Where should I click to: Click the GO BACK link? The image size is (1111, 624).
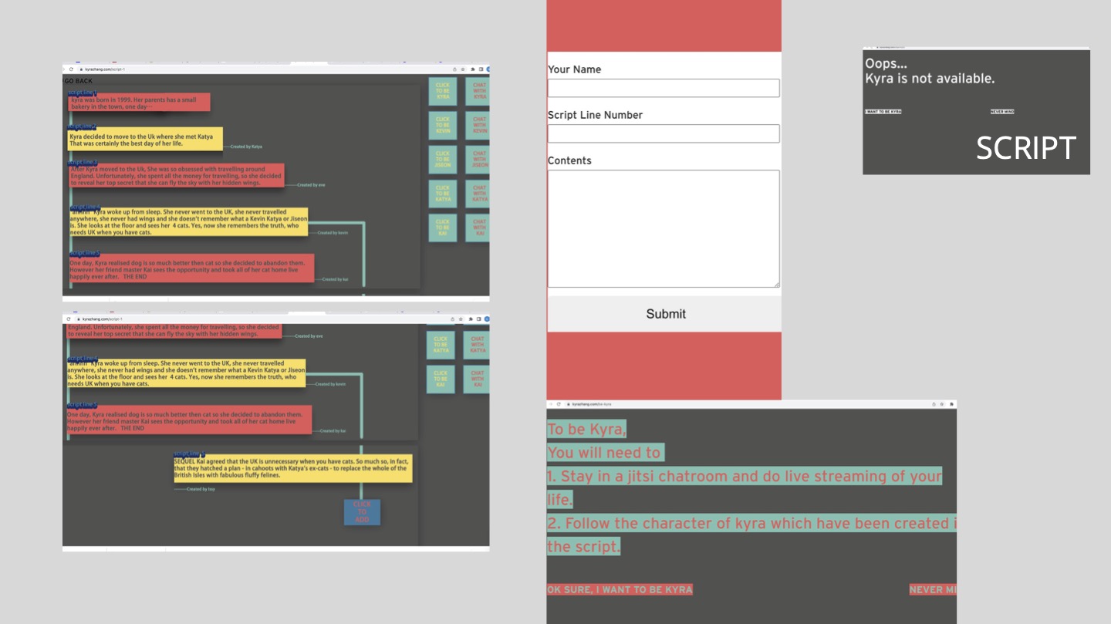point(78,81)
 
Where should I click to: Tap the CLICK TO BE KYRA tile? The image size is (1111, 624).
point(442,91)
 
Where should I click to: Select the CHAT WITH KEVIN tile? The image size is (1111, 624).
point(479,125)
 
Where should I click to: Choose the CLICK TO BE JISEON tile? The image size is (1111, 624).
point(442,160)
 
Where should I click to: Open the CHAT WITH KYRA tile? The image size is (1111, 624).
point(479,91)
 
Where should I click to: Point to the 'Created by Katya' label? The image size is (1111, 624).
point(246,147)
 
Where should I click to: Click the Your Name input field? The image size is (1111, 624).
point(664,88)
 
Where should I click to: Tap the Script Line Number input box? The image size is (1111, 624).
point(664,133)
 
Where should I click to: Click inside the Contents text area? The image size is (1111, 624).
point(664,228)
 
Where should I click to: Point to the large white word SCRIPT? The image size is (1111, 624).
point(1025,148)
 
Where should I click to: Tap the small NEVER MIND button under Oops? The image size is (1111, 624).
point(1002,112)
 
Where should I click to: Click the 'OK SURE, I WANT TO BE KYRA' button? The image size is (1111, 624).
point(620,590)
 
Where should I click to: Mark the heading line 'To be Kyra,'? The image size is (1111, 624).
point(586,430)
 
